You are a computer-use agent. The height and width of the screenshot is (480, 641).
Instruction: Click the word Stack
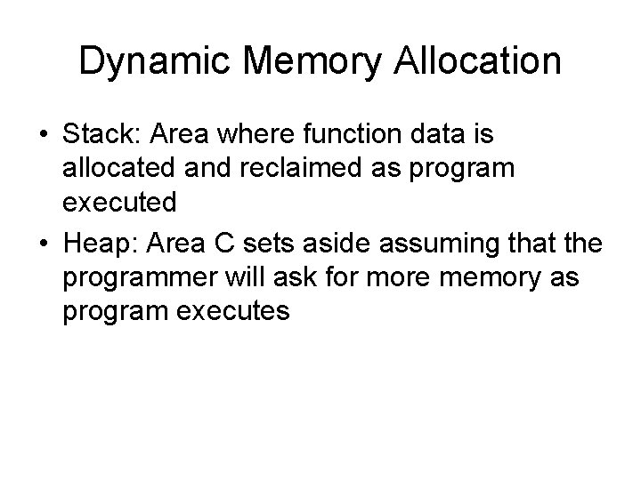click(99, 135)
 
